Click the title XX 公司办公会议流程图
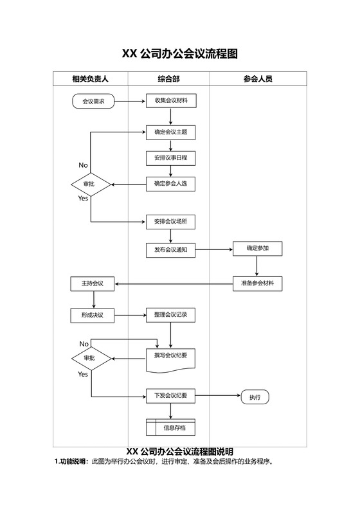tap(180, 54)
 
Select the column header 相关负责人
tap(90, 79)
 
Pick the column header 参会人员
tap(258, 79)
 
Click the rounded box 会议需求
tap(93, 101)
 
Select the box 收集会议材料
tap(170, 101)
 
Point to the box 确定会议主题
tap(170, 132)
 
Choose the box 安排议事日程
tap(170, 157)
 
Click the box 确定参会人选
tap(170, 184)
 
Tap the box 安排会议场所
tap(170, 222)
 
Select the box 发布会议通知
tap(170, 250)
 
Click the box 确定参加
tap(257, 248)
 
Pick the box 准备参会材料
tap(257, 283)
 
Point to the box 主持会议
tap(93, 283)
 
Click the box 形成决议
tap(93, 315)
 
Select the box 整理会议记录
tap(170, 315)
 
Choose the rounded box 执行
tap(255, 397)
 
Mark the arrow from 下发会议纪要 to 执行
tap(217, 396)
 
